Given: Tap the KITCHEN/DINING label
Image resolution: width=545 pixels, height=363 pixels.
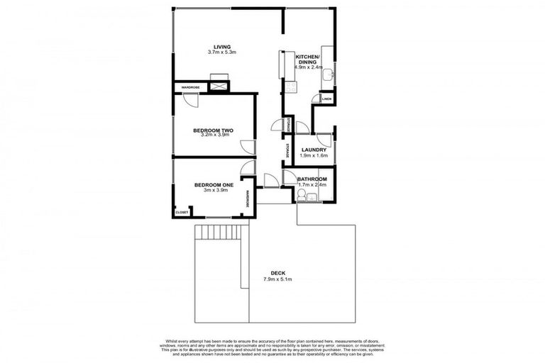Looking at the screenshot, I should tap(307, 59).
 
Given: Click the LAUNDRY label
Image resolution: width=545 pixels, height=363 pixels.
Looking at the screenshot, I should tap(313, 150).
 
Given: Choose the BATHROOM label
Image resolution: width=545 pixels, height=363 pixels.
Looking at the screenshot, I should tap(312, 179).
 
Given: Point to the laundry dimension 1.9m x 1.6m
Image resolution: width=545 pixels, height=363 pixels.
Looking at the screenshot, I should tap(313, 157).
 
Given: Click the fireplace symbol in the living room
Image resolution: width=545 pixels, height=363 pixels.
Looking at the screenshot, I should tap(220, 86).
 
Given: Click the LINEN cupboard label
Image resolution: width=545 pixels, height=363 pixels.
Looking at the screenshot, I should tap(326, 99).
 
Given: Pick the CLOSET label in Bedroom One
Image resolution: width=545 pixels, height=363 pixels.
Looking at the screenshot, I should tap(182, 212).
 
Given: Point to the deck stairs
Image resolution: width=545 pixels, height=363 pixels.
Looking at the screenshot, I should tap(221, 232).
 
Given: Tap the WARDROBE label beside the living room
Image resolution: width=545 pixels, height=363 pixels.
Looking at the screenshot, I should tap(190, 87).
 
